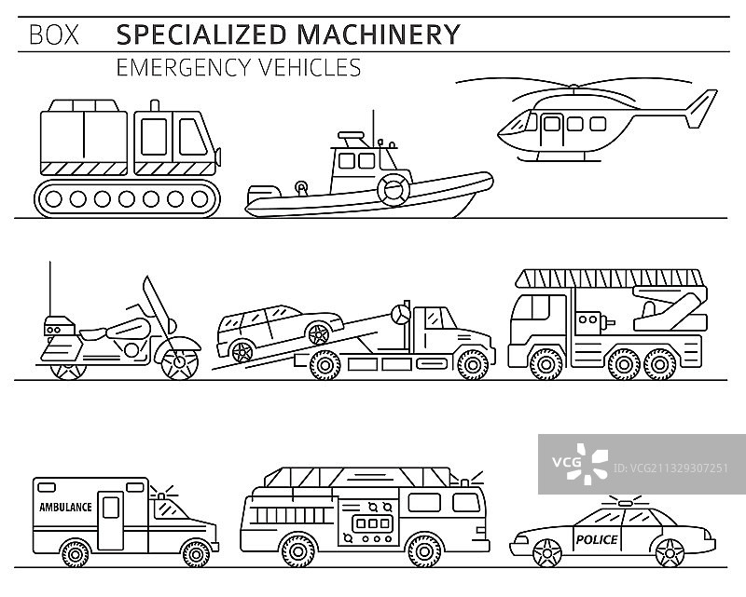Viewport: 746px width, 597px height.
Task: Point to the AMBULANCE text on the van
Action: coord(65,508)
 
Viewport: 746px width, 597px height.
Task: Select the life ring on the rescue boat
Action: coord(393,188)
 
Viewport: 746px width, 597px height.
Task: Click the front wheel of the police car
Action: coord(543,555)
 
